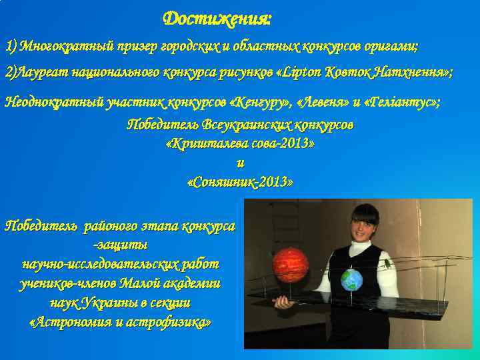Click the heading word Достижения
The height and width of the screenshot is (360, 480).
[x=217, y=18]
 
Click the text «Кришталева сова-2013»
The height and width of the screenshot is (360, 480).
[x=240, y=143]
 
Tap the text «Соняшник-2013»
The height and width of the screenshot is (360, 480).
[x=240, y=181]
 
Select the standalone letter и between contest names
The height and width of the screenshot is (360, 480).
[x=240, y=163]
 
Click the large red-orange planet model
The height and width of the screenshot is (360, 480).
[x=291, y=264]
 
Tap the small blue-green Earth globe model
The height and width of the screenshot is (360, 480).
[x=351, y=279]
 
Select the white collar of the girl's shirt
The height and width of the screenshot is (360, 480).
[x=360, y=246]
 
